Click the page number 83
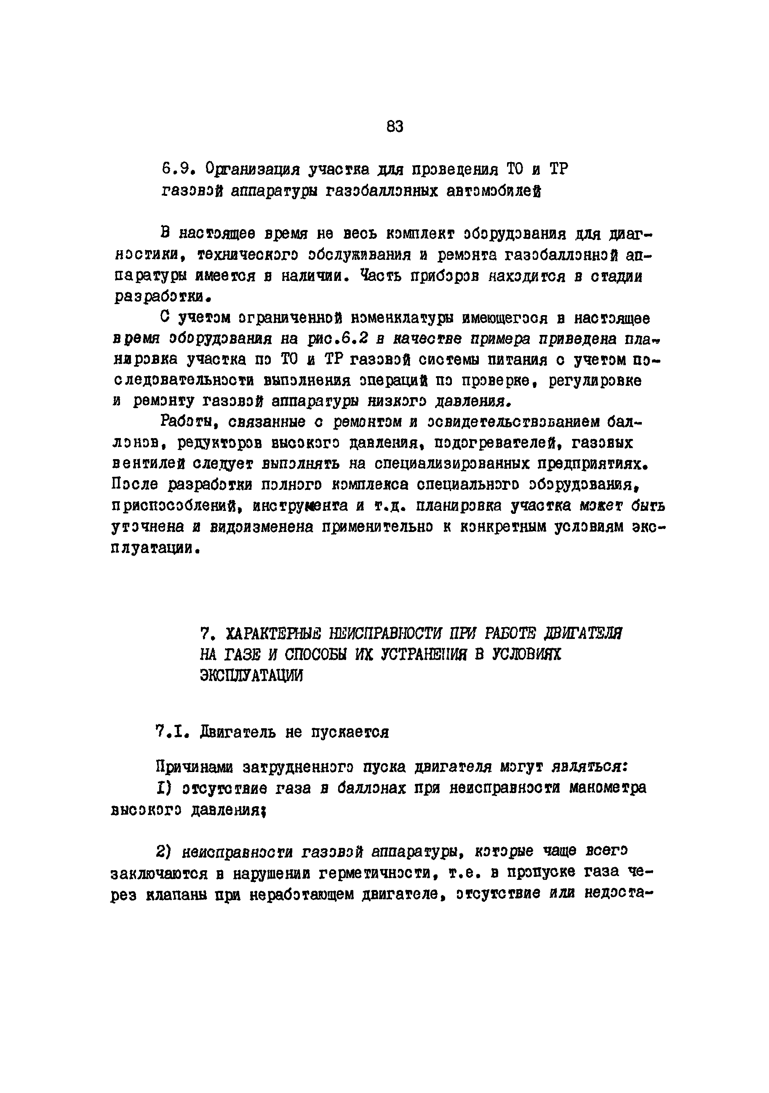(x=395, y=127)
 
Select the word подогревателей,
(x=498, y=443)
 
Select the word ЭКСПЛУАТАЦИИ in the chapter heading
(x=251, y=676)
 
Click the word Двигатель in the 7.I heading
(x=238, y=732)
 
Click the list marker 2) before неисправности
(x=163, y=851)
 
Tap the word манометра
(x=608, y=788)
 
